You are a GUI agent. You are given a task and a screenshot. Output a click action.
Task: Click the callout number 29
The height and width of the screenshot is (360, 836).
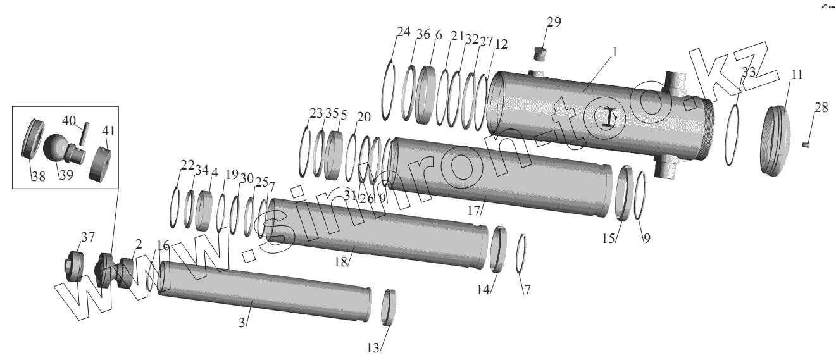(x=554, y=23)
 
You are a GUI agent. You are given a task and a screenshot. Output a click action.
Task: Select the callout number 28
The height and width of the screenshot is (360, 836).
(x=821, y=109)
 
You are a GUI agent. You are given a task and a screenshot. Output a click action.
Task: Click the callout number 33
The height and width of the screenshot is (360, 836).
(x=749, y=72)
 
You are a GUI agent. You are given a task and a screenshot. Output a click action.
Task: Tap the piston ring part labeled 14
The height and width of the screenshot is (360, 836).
(x=498, y=249)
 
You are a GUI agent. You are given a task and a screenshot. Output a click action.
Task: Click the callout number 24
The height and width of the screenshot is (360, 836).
(x=403, y=32)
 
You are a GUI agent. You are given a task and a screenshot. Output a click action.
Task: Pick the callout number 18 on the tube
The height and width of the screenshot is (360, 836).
(x=342, y=261)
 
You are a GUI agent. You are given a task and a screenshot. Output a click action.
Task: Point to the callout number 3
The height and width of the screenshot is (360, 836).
(x=242, y=322)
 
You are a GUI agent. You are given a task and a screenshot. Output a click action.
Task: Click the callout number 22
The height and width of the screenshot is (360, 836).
(x=187, y=165)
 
